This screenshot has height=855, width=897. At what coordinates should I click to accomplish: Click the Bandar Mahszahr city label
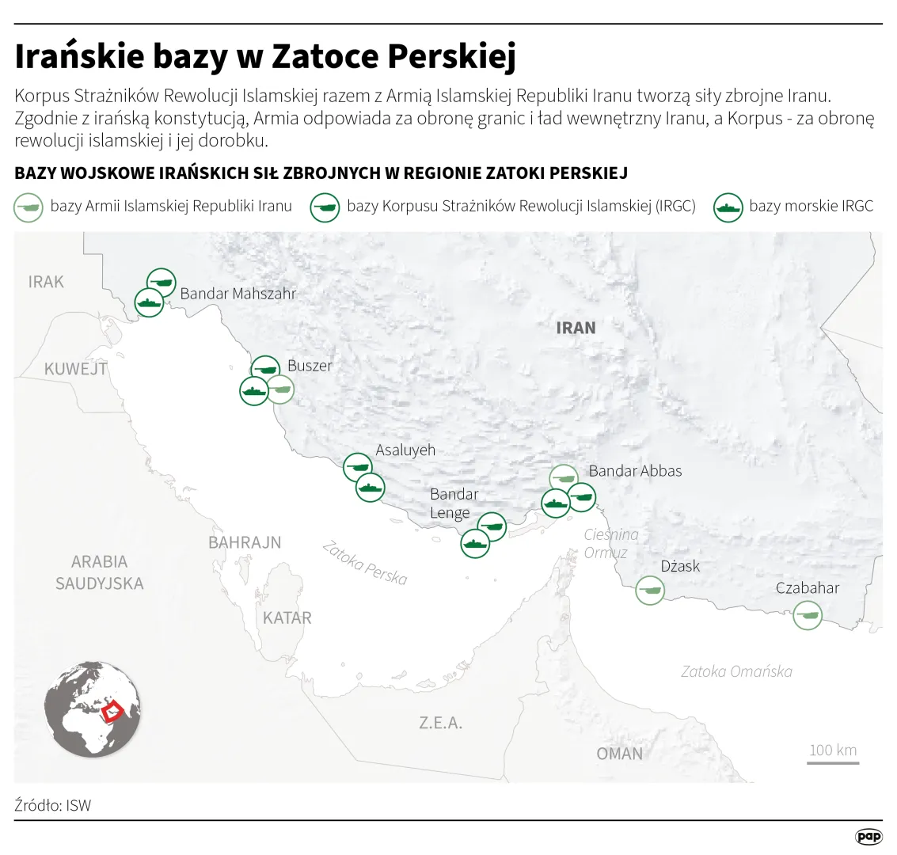tap(238, 294)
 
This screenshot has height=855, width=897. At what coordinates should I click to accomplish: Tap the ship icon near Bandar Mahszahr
tap(149, 302)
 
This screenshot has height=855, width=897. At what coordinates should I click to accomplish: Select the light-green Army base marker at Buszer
tap(279, 388)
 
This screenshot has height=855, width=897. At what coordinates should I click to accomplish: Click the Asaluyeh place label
tap(405, 450)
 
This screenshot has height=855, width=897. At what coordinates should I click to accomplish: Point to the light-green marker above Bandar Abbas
tap(564, 478)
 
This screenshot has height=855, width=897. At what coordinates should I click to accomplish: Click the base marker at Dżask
tap(650, 590)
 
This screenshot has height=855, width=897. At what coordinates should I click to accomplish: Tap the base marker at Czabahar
tap(808, 614)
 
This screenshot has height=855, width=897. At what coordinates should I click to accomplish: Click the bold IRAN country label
tap(576, 328)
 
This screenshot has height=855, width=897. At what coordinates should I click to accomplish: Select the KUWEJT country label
tap(75, 369)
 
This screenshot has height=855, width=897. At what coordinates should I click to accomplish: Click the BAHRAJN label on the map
tap(245, 542)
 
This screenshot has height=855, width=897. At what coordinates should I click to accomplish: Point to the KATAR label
tap(287, 617)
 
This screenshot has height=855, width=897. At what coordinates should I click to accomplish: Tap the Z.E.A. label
tap(441, 723)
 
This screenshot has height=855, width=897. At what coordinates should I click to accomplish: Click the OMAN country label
tap(619, 754)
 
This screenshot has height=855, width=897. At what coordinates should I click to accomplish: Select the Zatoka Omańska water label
tap(736, 671)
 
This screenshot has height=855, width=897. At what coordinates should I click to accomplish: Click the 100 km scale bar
tap(833, 762)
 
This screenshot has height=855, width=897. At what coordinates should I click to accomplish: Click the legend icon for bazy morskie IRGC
tap(728, 207)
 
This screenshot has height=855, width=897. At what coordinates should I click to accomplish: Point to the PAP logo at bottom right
tap(868, 836)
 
